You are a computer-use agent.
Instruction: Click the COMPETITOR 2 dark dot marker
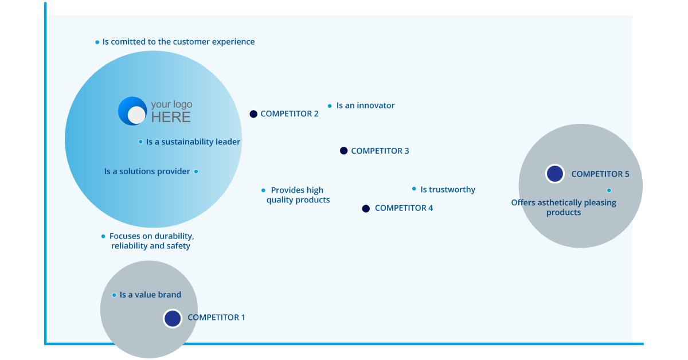[253, 114]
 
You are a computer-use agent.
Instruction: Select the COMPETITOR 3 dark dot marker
[343, 151]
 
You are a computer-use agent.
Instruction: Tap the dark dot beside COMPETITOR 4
[366, 209]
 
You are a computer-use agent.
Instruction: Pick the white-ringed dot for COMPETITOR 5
[554, 174]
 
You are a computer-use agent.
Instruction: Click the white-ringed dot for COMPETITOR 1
[172, 318]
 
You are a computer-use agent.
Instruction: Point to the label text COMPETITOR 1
[216, 318]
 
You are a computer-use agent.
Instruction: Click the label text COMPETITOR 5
[600, 174]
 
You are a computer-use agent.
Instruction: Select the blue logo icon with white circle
[132, 111]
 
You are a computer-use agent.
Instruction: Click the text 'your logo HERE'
[171, 111]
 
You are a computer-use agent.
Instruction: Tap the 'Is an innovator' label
[365, 105]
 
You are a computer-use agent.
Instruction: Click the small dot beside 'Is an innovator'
[330, 106]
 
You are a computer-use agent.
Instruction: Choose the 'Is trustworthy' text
[448, 190]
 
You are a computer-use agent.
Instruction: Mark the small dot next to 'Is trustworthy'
[414, 189]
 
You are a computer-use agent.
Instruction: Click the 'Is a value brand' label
[150, 295]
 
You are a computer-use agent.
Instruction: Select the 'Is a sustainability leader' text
[193, 142]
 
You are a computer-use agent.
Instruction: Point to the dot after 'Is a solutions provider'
[196, 171]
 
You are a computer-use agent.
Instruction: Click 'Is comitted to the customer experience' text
[178, 42]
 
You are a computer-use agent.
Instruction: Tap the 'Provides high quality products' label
[298, 195]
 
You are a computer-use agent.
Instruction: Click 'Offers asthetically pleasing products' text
[564, 207]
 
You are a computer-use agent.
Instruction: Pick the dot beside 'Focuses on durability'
[103, 236]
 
